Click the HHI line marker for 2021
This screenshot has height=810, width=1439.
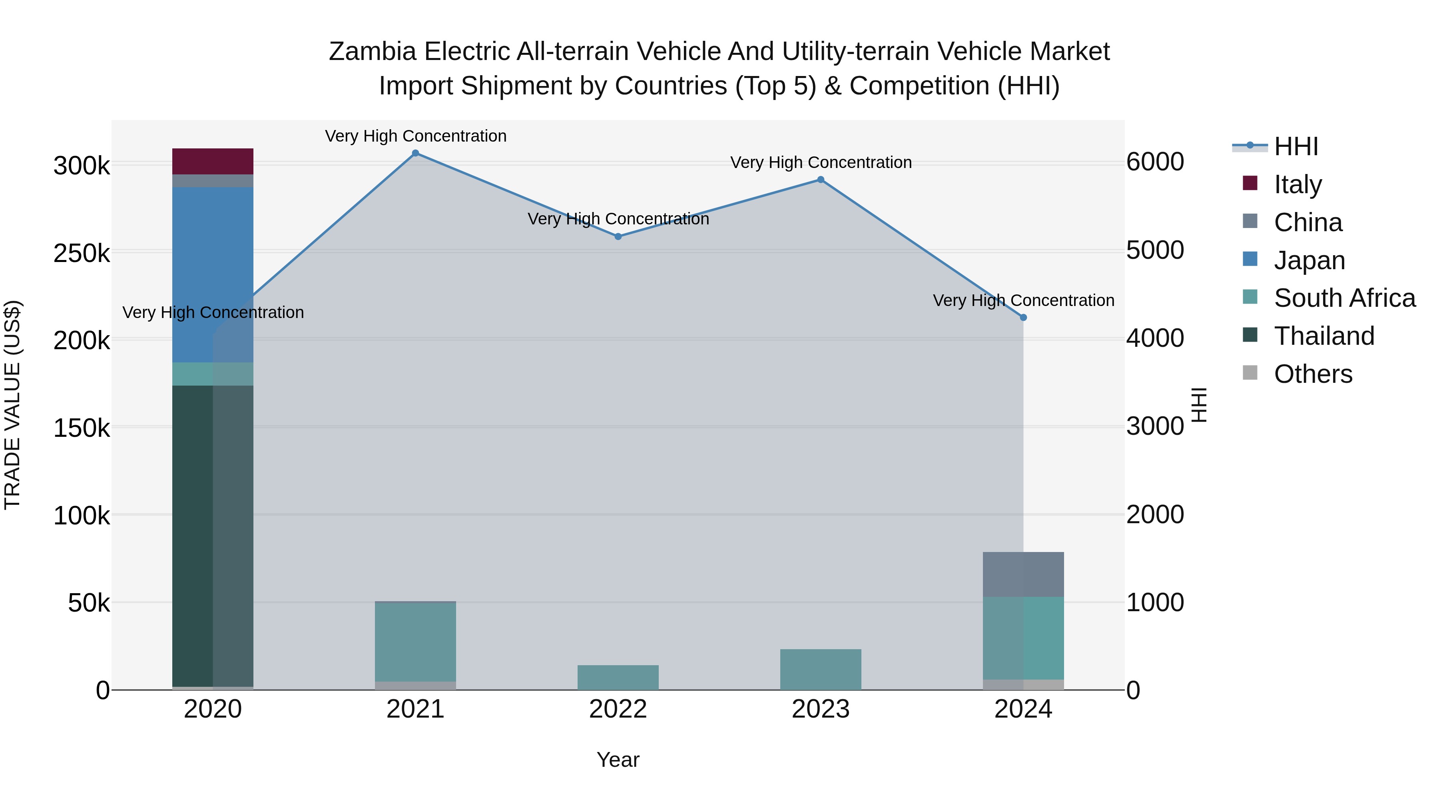[415, 153]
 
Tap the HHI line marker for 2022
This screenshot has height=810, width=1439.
[618, 236]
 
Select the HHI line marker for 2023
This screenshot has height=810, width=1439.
[821, 180]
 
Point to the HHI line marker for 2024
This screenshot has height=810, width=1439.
[1023, 318]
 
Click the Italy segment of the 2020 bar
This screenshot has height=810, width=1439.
[212, 162]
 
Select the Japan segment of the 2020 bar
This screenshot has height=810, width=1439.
[212, 274]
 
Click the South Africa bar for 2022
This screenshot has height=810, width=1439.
[618, 678]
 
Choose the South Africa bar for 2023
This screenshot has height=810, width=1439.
[821, 670]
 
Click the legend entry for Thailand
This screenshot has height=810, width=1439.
[1323, 336]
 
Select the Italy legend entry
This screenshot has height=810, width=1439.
[1297, 184]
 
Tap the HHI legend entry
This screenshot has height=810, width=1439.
[1296, 146]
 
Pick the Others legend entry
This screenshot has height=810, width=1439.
[1313, 374]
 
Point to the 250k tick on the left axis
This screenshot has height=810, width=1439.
[82, 253]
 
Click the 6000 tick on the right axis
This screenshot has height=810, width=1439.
[1155, 162]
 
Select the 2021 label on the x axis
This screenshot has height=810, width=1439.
[415, 709]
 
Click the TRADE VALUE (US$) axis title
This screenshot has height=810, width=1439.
[12, 405]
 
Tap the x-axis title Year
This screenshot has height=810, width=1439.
[618, 760]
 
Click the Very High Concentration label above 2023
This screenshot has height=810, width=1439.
[821, 163]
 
